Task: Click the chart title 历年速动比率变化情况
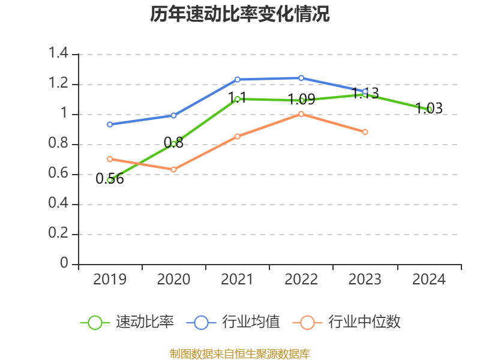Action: click(x=240, y=14)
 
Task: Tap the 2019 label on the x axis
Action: click(x=110, y=279)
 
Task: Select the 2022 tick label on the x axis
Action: click(x=301, y=279)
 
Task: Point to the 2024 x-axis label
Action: click(x=429, y=279)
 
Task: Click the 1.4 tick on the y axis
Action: click(x=59, y=54)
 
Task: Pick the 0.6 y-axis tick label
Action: click(x=59, y=174)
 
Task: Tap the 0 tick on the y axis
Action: click(x=64, y=264)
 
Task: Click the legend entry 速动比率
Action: click(x=145, y=322)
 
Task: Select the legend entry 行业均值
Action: click(x=251, y=322)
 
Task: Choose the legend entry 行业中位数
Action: click(x=364, y=322)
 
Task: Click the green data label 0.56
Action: click(x=110, y=179)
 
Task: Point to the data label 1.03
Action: click(x=429, y=109)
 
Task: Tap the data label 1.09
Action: click(x=301, y=100)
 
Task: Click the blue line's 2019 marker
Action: click(x=110, y=124)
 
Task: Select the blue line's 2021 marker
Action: click(x=237, y=79)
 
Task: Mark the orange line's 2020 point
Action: click(x=173, y=170)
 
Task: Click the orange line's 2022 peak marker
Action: click(x=301, y=114)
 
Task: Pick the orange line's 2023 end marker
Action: click(x=365, y=132)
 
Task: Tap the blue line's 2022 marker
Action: click(x=301, y=78)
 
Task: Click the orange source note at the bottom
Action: click(x=240, y=353)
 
